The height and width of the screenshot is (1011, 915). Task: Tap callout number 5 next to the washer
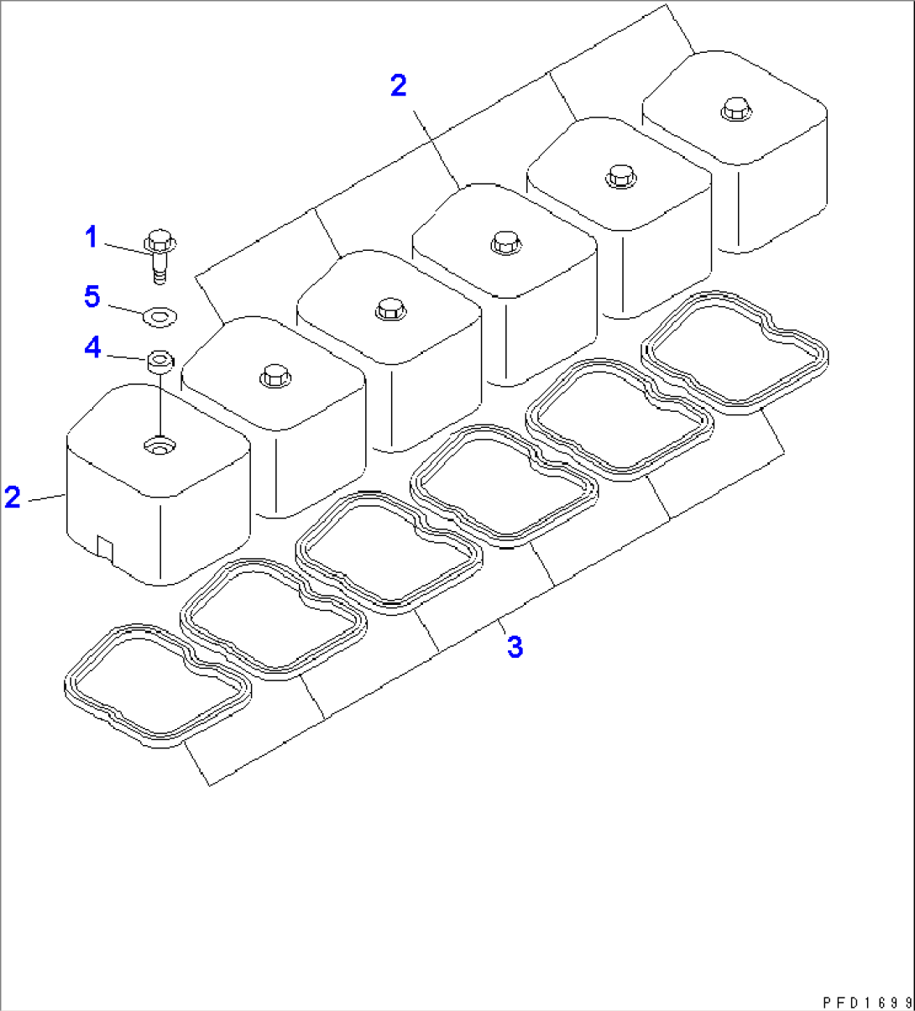(92, 296)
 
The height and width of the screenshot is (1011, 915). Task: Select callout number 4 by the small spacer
(93, 347)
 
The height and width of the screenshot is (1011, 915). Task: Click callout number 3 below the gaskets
(515, 647)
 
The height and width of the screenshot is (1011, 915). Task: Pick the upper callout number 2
(399, 86)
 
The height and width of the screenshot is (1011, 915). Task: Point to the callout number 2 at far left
(13, 497)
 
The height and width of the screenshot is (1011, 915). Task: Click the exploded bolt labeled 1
(159, 257)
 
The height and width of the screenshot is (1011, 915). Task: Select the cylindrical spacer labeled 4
(160, 362)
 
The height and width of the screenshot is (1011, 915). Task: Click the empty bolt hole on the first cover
(159, 446)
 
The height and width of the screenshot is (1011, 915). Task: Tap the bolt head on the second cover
(274, 377)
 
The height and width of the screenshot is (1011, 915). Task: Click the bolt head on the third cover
(390, 310)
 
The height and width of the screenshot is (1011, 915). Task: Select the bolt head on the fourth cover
(506, 242)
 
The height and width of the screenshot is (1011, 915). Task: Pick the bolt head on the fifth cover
(621, 176)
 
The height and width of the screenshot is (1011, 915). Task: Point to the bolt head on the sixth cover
(736, 109)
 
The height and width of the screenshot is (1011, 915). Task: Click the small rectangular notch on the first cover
(105, 549)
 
